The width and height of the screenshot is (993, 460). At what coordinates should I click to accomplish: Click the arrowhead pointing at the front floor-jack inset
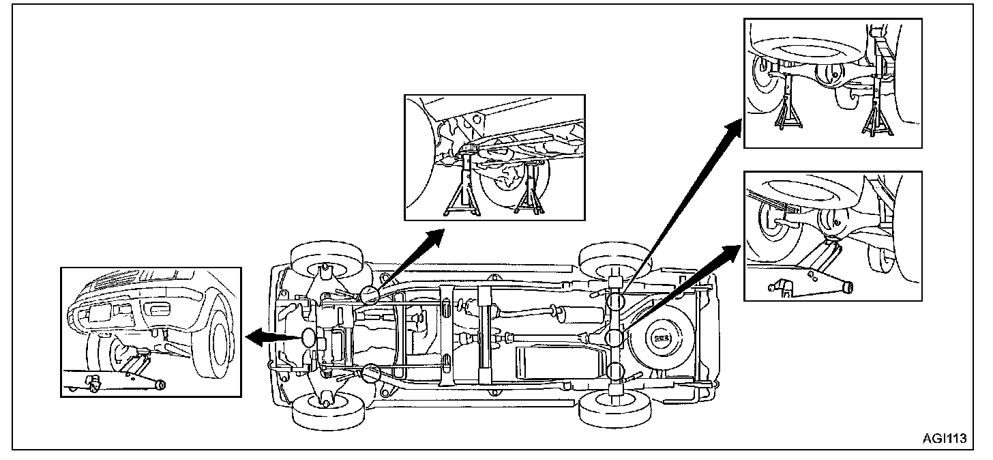point(254,336)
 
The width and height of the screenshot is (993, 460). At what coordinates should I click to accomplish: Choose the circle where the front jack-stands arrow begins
point(371,294)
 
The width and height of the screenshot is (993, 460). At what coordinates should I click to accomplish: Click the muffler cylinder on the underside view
point(560,315)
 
